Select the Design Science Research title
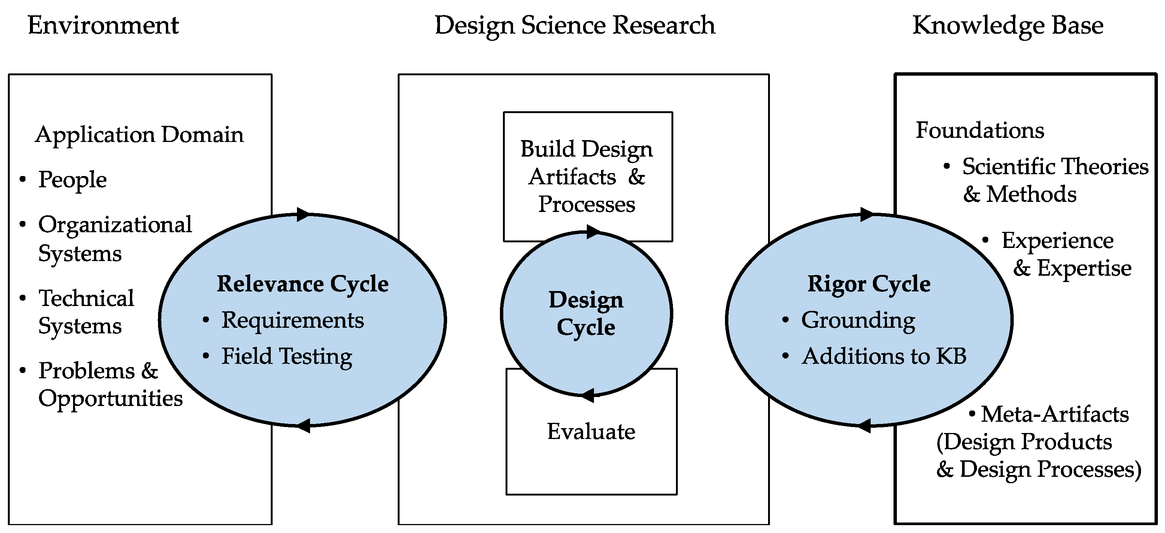click(x=575, y=25)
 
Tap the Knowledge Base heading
click(x=1008, y=25)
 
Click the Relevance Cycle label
click(x=303, y=284)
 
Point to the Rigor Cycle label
click(x=869, y=284)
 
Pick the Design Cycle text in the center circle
click(x=586, y=313)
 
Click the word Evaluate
click(x=591, y=431)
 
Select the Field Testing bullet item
click(x=287, y=356)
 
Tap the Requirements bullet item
click(x=292, y=320)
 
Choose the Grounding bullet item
click(x=858, y=320)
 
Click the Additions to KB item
click(x=884, y=356)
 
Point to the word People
click(x=72, y=180)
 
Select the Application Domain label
click(x=139, y=134)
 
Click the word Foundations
click(x=980, y=130)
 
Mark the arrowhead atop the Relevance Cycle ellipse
click(x=303, y=215)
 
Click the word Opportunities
click(x=110, y=399)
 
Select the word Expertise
click(x=1084, y=268)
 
